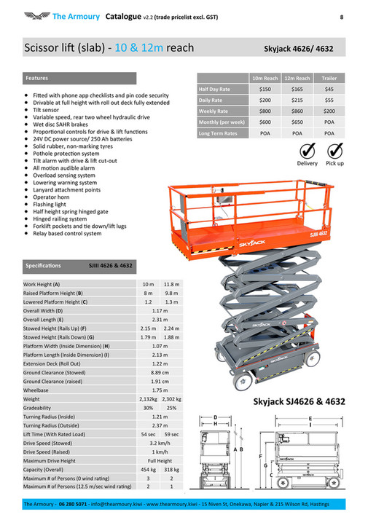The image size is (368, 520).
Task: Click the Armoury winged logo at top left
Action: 36,15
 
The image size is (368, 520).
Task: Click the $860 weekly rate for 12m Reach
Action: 297,111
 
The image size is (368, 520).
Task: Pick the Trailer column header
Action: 329,77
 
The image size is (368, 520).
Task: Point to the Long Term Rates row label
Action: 218,134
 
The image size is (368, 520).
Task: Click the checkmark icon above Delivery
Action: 307,151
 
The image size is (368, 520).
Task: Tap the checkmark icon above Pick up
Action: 335,151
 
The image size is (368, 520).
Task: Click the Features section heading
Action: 37,77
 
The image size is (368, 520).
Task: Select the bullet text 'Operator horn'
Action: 52,198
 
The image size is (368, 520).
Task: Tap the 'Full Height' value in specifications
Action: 160,460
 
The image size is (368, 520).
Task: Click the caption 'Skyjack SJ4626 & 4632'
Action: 299,401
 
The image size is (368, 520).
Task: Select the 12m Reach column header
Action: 297,77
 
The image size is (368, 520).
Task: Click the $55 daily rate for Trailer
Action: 329,99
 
